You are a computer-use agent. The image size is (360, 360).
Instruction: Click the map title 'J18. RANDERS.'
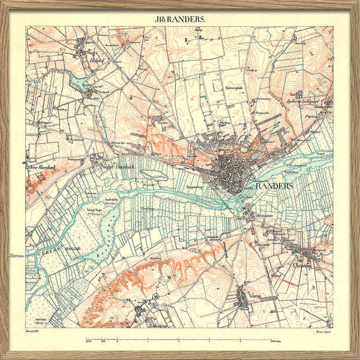[180, 19]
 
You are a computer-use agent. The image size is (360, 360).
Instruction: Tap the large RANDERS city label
[274, 187]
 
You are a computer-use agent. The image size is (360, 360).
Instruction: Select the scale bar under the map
[180, 341]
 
